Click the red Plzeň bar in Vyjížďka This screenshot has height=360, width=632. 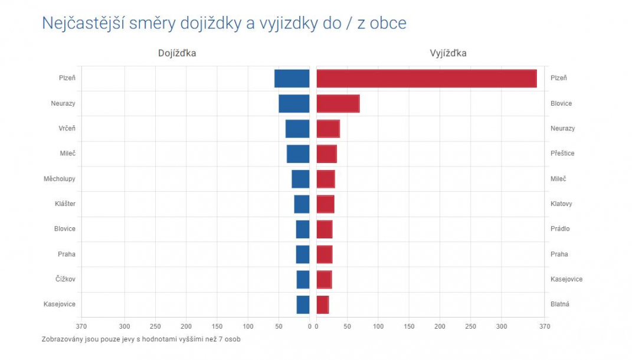coord(426,78)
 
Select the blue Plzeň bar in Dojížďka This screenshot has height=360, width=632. coord(292,78)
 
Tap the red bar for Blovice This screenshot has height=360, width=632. coord(338,103)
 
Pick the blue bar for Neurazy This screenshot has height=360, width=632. coord(294,103)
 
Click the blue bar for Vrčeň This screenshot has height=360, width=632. coord(297,129)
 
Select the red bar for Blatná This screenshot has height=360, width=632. coord(322,305)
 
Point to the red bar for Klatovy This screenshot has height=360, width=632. coord(325,204)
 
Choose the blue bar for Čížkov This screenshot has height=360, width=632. coord(303,279)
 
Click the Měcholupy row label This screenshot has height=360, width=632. coord(59,179)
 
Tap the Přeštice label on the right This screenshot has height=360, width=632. coord(562,153)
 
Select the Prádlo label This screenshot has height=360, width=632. coord(560,229)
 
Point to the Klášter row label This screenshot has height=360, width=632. coord(65,204)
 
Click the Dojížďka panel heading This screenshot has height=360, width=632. coord(177,53)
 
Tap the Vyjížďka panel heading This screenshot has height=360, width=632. coord(448,53)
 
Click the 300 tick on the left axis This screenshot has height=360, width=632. coord(125,326)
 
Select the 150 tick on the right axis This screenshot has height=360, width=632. coord(409,326)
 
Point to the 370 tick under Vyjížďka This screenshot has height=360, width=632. coord(544,326)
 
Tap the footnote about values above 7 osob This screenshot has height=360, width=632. coord(141,339)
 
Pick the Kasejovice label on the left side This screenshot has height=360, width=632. coord(59,305)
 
